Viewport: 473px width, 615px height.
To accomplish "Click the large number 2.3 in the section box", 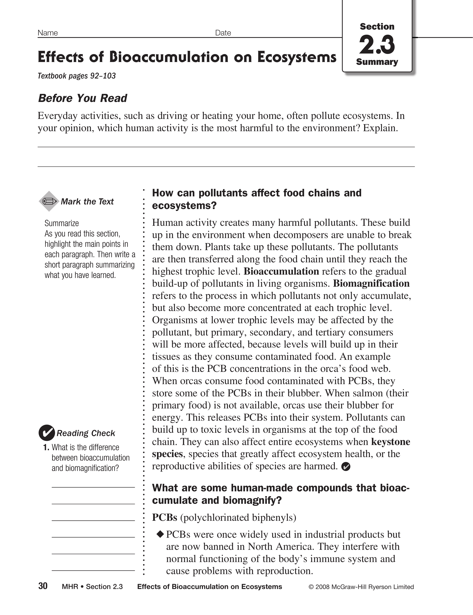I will click(377, 44).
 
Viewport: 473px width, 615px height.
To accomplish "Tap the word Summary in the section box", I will click(377, 62).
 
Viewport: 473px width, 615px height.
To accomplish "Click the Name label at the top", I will click(47, 33).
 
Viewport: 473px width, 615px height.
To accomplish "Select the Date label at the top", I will click(223, 33).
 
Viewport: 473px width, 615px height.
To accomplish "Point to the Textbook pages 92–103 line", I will click(76, 76).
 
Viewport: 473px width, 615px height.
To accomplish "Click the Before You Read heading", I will click(82, 98).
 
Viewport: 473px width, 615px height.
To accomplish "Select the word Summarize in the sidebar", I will click(62, 223).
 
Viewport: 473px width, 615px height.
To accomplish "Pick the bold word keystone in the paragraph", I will click(390, 442).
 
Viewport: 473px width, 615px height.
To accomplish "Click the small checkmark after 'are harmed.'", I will click(346, 467).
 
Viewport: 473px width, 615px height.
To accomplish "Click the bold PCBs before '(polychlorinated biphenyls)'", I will click(165, 518).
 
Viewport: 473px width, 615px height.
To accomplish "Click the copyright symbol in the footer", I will click(311, 587).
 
